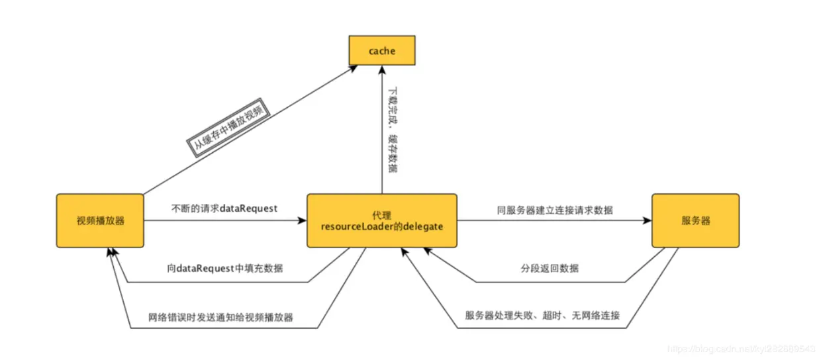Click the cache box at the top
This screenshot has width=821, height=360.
pos(382,50)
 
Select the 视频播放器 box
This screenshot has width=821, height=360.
pos(100,220)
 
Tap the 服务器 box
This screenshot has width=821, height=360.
pos(695,220)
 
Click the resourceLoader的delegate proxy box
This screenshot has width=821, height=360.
pos(382,221)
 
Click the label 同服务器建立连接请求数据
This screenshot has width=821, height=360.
pos(554,210)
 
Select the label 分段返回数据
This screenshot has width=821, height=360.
pos(549,268)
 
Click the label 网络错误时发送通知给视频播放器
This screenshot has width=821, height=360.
pos(220,317)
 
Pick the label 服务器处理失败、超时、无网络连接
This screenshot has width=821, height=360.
pos(542,315)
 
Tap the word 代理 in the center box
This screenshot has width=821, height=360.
pos(382,215)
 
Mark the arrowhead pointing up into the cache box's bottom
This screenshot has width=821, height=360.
pos(382,69)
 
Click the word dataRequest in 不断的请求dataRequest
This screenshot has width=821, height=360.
pos(248,208)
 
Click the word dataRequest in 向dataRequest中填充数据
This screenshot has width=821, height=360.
pos(206,269)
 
